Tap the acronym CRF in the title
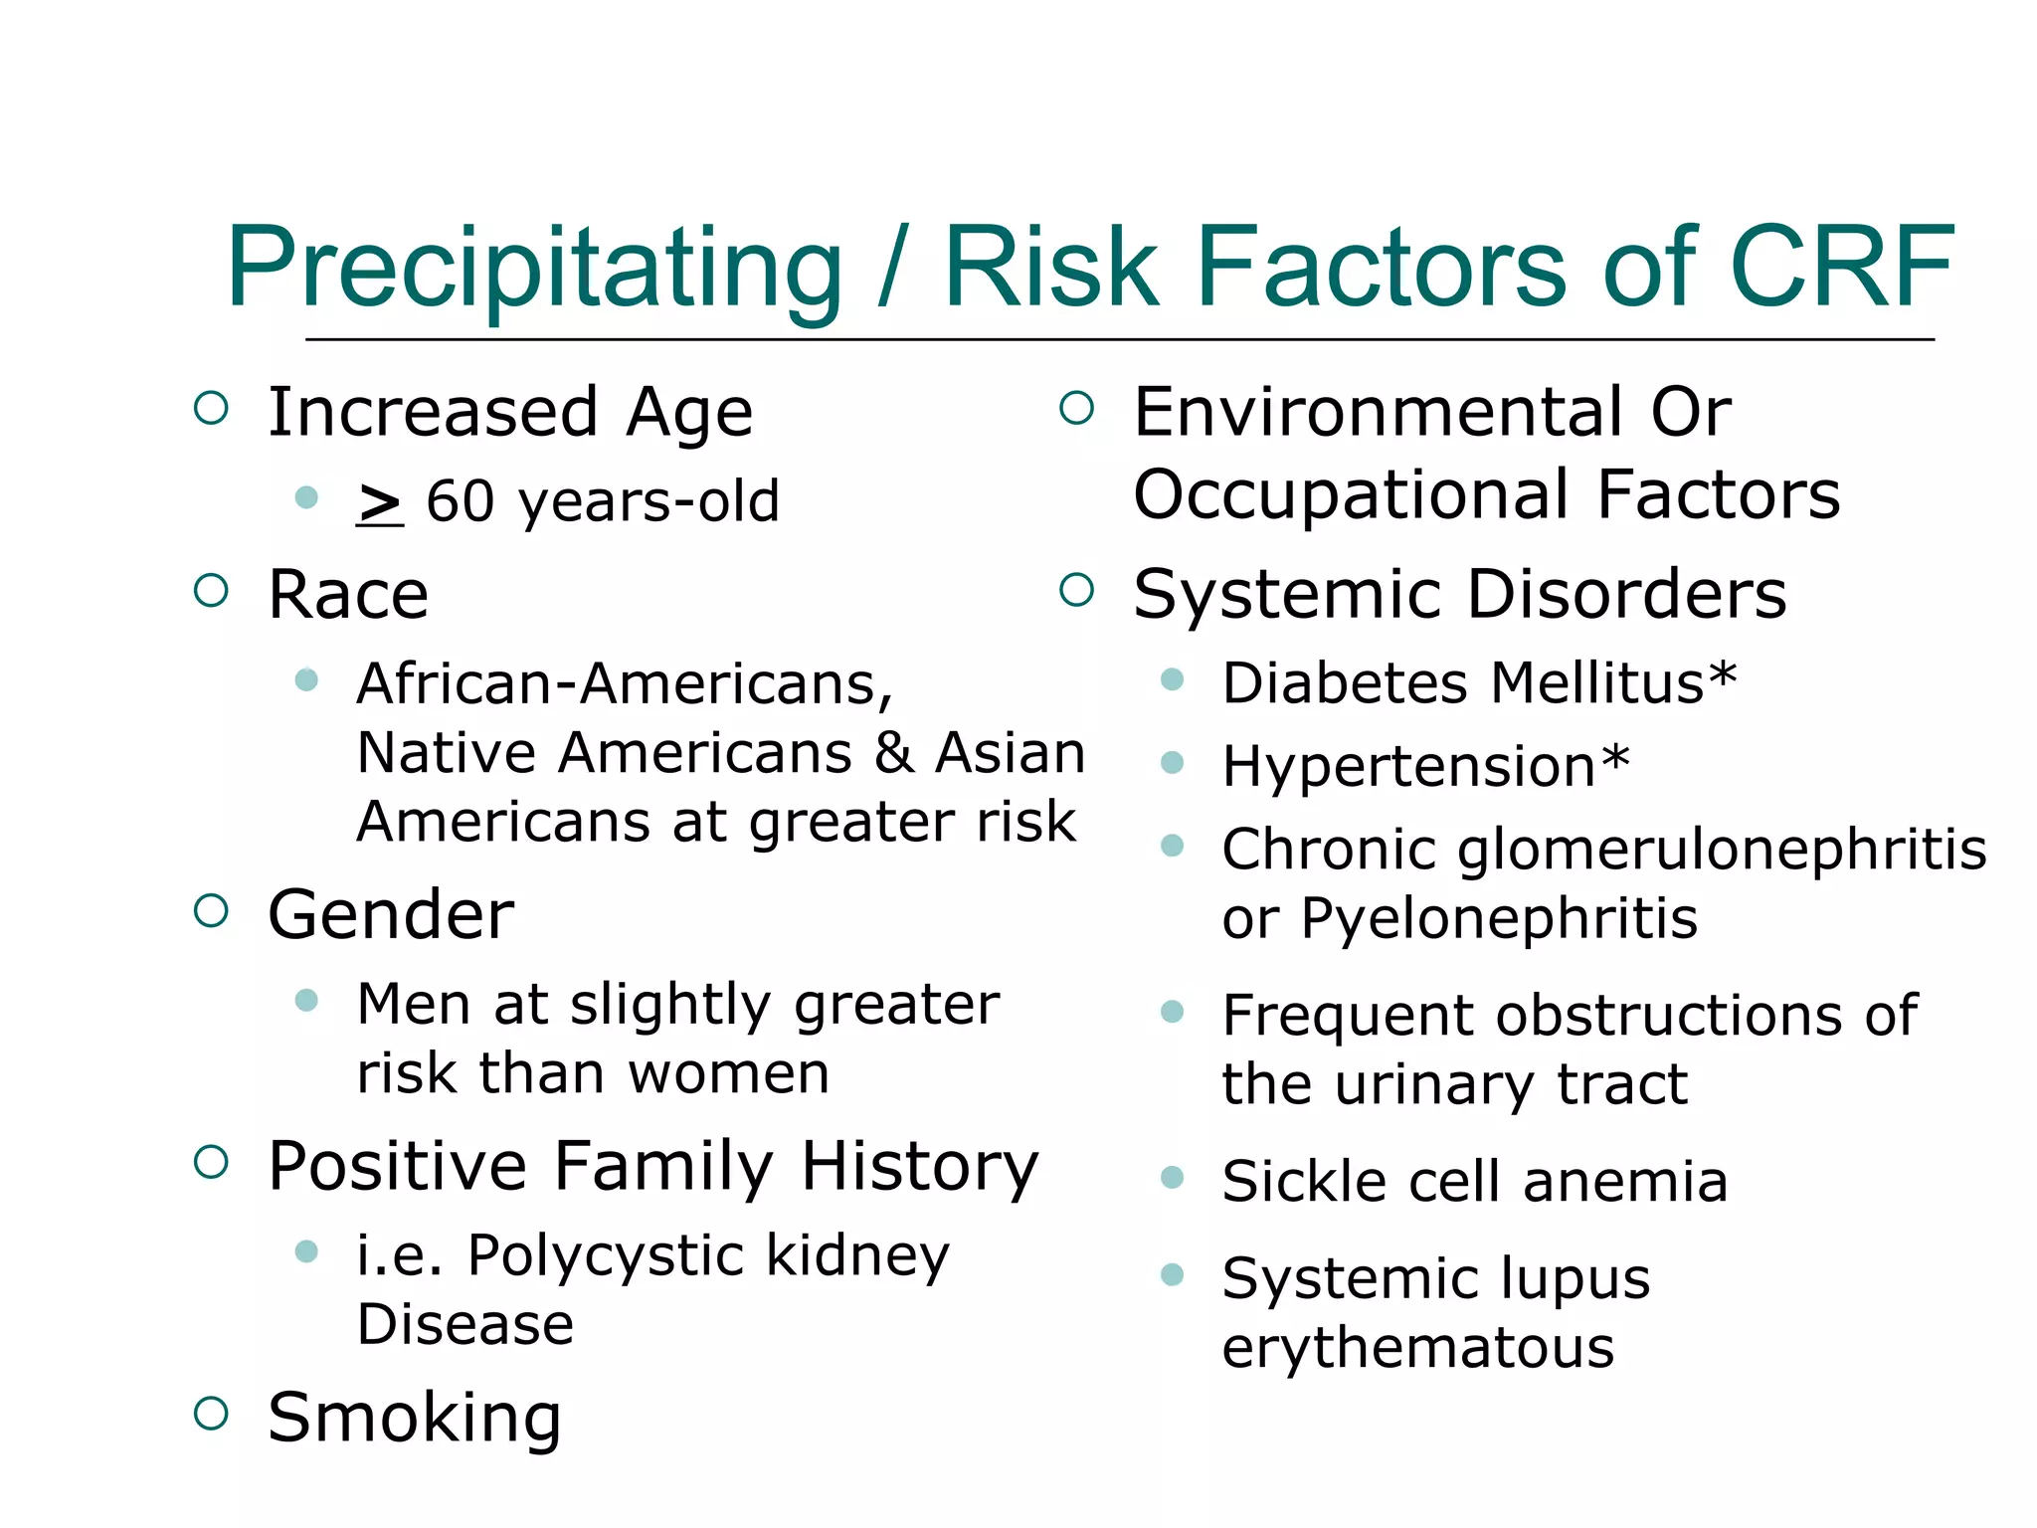(1842, 267)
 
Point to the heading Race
(348, 595)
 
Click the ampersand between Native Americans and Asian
(894, 753)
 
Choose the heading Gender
(391, 914)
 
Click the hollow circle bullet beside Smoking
(211, 1413)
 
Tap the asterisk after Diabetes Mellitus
(1722, 678)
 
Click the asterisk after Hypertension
(1615, 761)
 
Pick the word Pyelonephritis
(1499, 917)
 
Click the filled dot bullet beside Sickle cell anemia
(1173, 1179)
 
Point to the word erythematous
(1417, 1348)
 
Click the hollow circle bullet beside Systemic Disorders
(1076, 590)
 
